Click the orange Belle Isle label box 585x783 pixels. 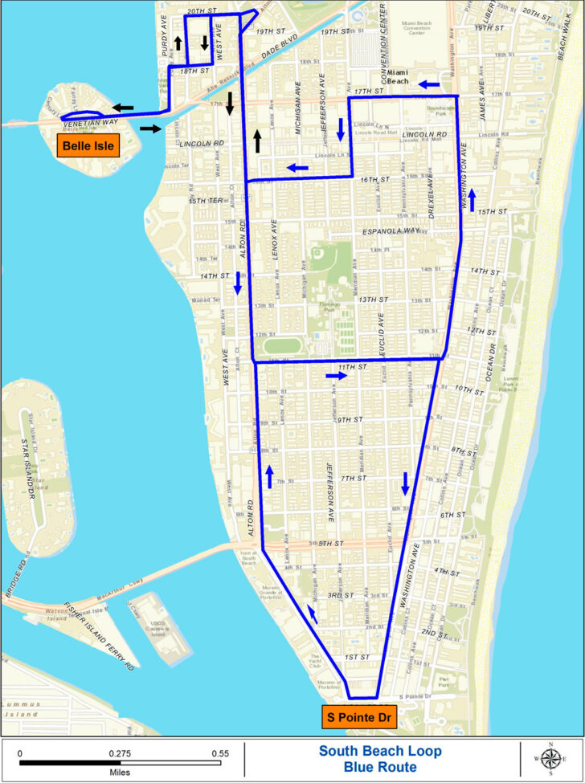point(87,145)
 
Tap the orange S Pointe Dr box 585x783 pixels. point(358,717)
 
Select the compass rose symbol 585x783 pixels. point(550,757)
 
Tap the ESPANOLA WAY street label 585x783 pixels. point(391,231)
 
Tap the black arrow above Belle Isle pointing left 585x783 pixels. point(123,107)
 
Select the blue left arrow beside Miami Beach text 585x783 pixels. point(428,83)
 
